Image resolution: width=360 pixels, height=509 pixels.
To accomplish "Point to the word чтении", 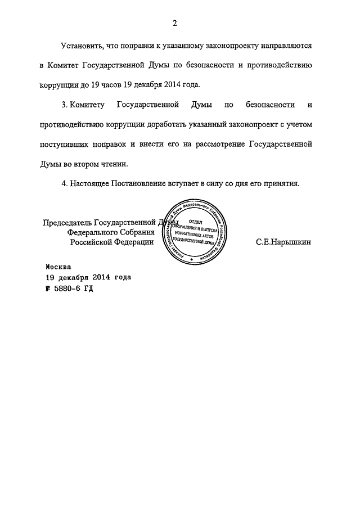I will [114, 165].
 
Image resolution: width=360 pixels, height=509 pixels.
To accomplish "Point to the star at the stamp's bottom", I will [193, 259].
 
